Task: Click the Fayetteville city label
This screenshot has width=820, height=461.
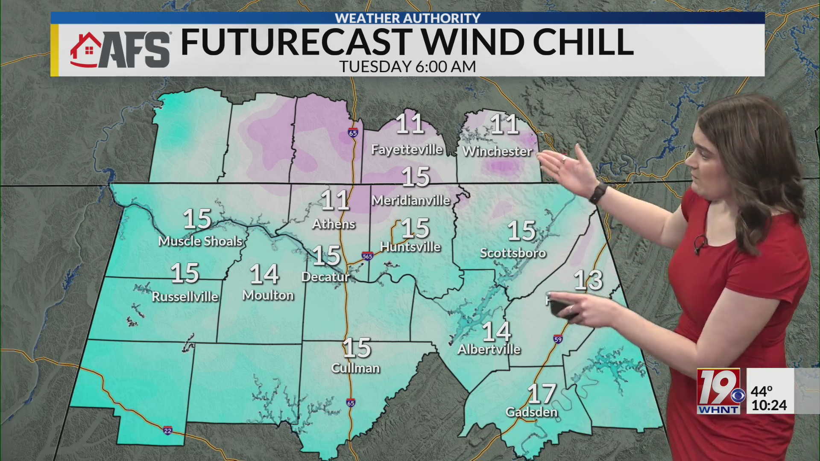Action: (x=407, y=149)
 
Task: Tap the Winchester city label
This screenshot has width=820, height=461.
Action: (x=497, y=151)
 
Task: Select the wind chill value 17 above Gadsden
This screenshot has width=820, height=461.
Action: (x=542, y=394)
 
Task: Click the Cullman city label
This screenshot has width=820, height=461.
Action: (x=355, y=368)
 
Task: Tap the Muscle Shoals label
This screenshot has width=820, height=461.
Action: (x=200, y=241)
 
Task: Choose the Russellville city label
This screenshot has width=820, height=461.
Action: (x=185, y=296)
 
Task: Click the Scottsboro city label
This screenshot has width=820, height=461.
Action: (x=513, y=253)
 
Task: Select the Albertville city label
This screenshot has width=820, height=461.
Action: (x=489, y=350)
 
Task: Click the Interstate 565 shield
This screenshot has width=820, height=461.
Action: (x=367, y=256)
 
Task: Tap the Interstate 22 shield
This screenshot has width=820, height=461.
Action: (x=168, y=430)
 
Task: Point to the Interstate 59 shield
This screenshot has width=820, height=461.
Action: (x=558, y=339)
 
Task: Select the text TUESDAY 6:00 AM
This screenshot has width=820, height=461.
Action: (x=407, y=67)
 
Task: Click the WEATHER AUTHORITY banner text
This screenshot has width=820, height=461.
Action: (x=407, y=18)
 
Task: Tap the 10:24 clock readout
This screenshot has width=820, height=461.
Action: (x=769, y=405)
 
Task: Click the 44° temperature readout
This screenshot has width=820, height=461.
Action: (x=761, y=391)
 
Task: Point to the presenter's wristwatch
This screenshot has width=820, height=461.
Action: (x=598, y=193)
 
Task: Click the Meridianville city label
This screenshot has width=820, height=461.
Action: (x=411, y=200)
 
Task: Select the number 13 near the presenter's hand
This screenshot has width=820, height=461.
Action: (x=588, y=280)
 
